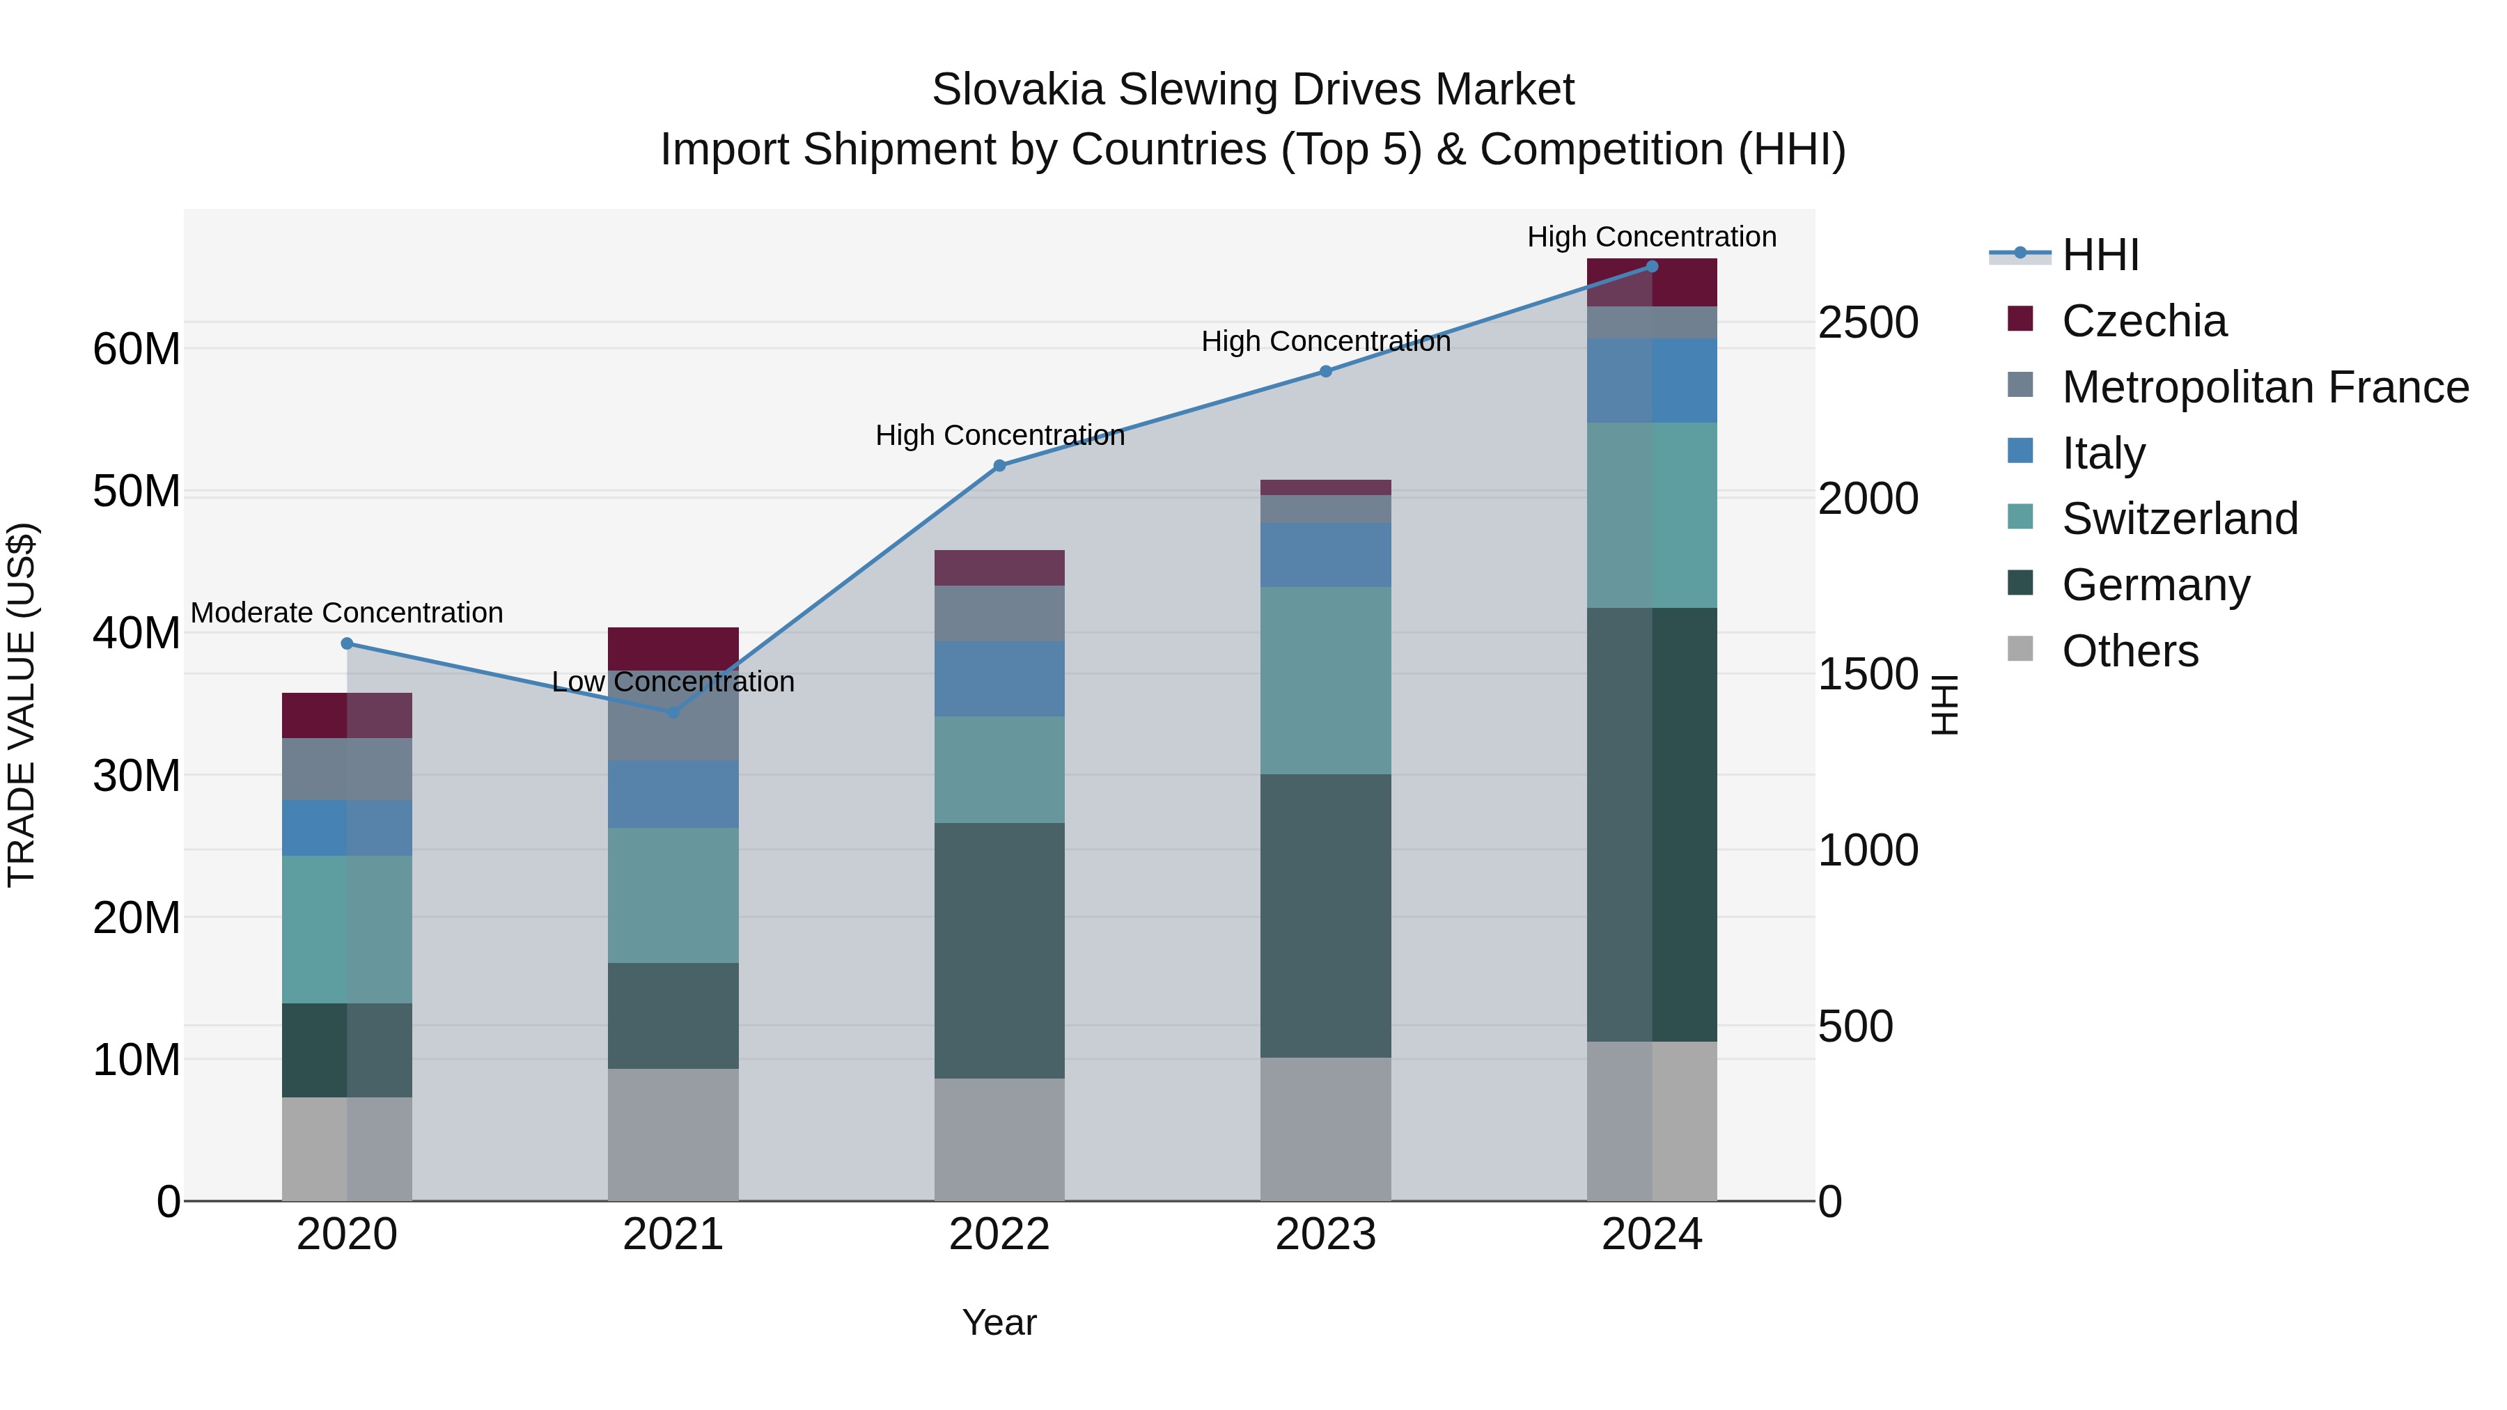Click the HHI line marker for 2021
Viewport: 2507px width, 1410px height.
pos(673,712)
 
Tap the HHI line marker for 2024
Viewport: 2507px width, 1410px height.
pos(1652,267)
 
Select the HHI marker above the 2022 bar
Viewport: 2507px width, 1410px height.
pos(999,466)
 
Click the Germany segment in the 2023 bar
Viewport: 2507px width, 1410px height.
pos(1325,916)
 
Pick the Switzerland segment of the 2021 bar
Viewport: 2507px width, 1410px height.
pos(673,895)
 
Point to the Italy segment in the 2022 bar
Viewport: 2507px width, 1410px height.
pos(999,679)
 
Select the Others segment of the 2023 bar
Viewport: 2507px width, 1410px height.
pos(1325,1129)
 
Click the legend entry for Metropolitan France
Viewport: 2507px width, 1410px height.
pos(2265,387)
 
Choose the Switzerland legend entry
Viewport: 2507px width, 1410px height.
pos(2179,519)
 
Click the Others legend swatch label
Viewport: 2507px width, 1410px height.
pos(2130,651)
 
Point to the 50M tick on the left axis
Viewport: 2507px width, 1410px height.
pos(136,492)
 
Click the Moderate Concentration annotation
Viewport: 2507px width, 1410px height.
pos(347,613)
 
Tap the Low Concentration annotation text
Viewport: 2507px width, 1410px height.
pos(673,682)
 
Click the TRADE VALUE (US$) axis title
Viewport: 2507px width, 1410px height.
pos(22,705)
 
